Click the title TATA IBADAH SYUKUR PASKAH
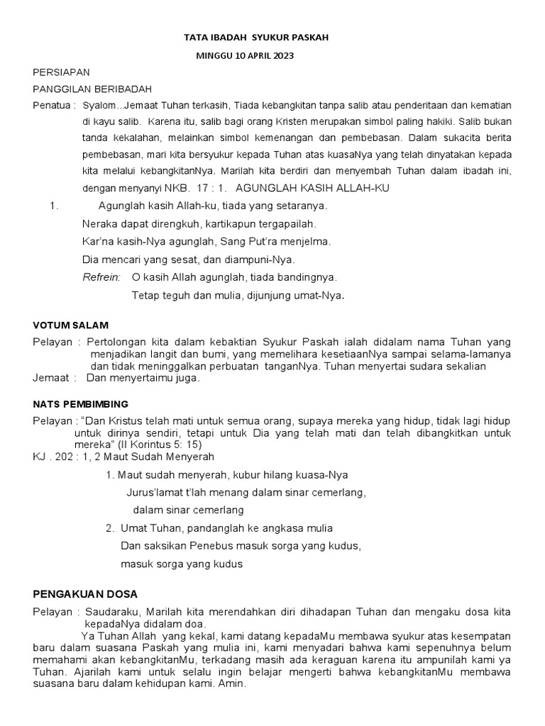click(256, 37)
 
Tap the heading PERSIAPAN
click(61, 73)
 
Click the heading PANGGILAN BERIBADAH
click(92, 89)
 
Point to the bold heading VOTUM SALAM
click(71, 325)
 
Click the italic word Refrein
click(101, 277)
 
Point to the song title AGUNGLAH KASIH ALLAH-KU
click(312, 188)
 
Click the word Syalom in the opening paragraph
click(98, 105)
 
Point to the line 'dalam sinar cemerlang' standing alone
click(188, 510)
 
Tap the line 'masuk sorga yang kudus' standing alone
click(182, 564)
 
